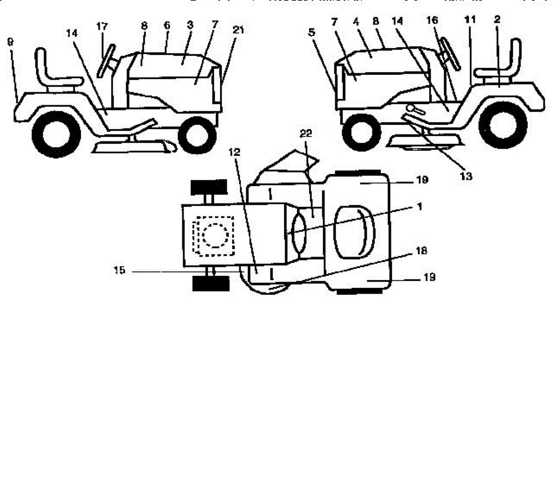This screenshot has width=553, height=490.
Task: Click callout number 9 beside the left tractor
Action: point(10,42)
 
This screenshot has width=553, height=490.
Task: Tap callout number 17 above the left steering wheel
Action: point(102,26)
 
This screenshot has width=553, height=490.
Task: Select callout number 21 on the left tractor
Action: point(238,31)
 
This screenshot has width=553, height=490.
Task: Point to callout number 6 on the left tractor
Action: point(167,26)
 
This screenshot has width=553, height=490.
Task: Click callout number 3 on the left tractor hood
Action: point(190,26)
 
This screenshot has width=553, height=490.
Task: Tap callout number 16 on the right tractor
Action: point(432,21)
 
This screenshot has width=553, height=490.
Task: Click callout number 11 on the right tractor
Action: point(470,20)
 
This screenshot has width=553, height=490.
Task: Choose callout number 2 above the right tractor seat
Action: point(497,20)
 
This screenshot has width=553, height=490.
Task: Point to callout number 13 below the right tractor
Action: point(466,176)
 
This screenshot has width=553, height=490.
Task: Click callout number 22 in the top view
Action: point(306,134)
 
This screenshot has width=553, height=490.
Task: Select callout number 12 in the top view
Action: point(235,153)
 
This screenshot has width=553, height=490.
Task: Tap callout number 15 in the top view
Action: point(119,271)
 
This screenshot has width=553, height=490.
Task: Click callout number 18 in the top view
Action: point(421,251)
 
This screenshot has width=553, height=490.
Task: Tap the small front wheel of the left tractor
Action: point(197,135)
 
